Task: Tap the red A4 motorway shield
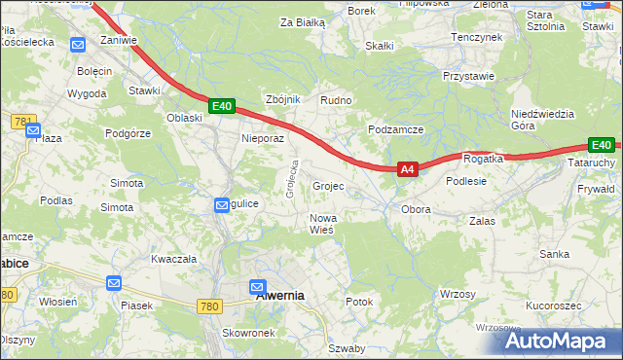[408, 169]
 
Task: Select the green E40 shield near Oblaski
[222, 106]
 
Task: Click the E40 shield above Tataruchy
[602, 145]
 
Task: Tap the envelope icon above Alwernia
[257, 287]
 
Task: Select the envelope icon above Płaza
[32, 129]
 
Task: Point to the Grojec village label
[328, 185]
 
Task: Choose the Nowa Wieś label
[322, 224]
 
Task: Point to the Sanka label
[555, 253]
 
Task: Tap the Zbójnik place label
[283, 100]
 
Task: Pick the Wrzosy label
[458, 294]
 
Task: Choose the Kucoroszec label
[553, 306]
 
